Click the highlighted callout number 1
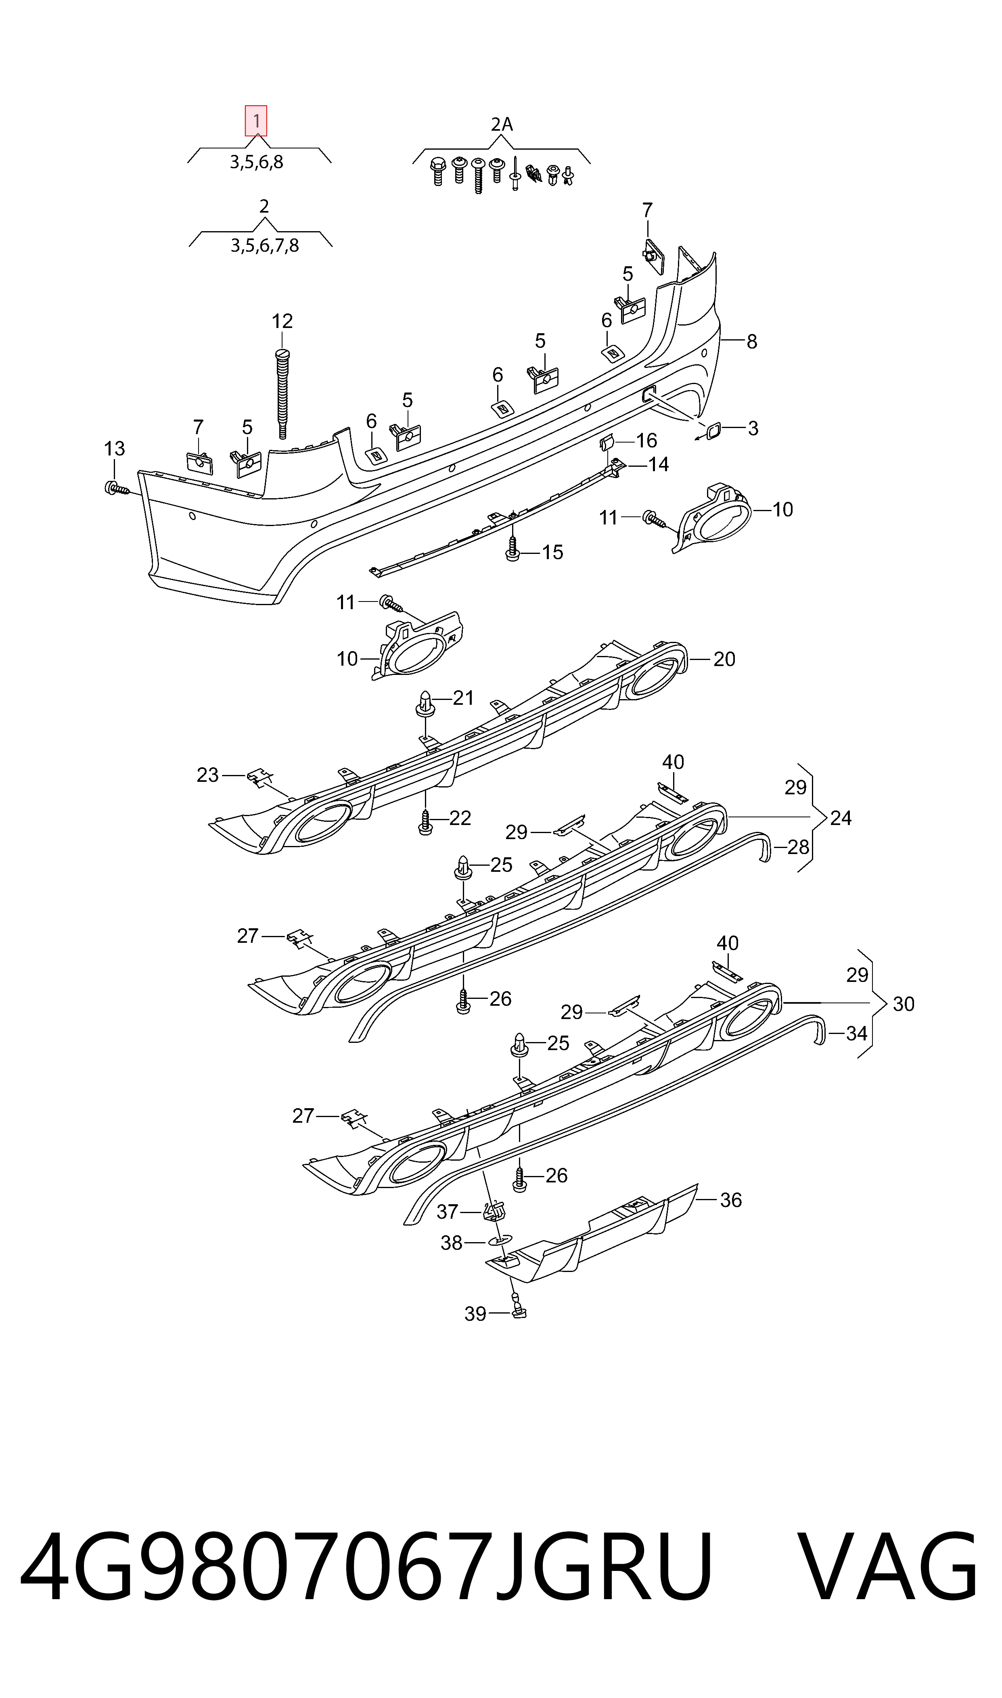[256, 121]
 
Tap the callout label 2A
[501, 124]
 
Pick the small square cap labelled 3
[712, 430]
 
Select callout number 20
[724, 659]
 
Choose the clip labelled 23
[257, 777]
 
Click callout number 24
[841, 818]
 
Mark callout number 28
[798, 847]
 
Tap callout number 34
[856, 1033]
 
